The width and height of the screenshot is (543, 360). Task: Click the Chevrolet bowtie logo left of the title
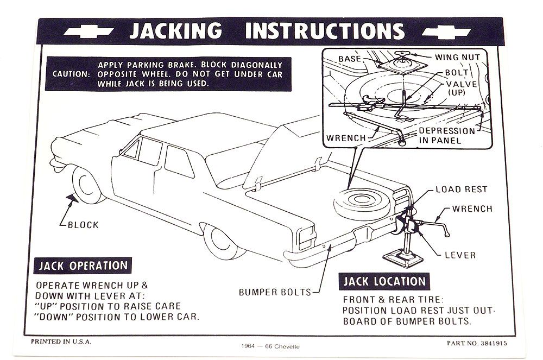click(x=89, y=32)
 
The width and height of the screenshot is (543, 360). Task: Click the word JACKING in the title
click(x=175, y=30)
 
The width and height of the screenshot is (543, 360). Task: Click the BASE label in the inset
click(x=350, y=58)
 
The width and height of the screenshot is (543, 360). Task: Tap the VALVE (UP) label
click(x=462, y=87)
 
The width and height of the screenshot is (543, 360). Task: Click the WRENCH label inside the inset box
click(x=346, y=138)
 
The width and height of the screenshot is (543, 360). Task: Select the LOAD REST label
click(x=462, y=190)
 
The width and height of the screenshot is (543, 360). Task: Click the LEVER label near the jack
click(x=460, y=255)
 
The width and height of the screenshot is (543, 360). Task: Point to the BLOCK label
click(x=83, y=224)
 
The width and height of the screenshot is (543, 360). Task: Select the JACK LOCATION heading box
click(x=383, y=281)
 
